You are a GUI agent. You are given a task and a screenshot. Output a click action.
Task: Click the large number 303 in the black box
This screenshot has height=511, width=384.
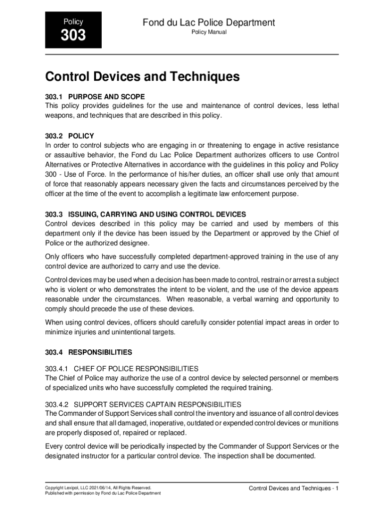[73, 36]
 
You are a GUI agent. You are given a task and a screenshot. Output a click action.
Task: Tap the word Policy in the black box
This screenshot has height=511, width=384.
[73, 22]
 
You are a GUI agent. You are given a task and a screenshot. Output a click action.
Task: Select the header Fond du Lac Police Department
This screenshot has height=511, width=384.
[209, 22]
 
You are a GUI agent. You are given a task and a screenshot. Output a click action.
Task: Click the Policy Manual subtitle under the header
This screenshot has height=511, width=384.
[209, 32]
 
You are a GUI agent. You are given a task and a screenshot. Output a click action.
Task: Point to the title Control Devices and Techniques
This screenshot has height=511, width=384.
[143, 77]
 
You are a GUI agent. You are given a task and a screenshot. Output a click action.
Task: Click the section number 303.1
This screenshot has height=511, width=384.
[53, 96]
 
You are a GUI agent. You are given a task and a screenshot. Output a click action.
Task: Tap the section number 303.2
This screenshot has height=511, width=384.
[53, 136]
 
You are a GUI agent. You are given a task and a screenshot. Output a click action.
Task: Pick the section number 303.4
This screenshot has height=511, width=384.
[53, 352]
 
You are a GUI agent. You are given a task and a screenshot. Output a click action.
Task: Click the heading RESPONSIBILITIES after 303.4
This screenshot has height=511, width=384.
[100, 352]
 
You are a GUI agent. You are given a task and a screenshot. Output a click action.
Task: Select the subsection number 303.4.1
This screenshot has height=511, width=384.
[57, 369]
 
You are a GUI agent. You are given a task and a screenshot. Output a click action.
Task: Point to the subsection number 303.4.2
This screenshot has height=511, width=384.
[57, 404]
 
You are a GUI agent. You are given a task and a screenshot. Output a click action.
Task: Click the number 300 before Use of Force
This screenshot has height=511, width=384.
[51, 175]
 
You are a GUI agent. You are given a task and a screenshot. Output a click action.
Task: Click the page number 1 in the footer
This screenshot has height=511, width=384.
[337, 488]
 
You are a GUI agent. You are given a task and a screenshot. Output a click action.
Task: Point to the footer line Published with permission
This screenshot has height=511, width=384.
[103, 493]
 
